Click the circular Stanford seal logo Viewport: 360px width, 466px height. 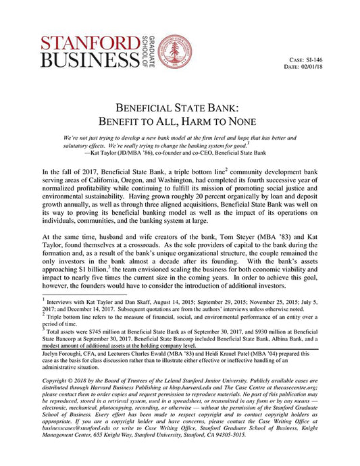coord(174,51)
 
